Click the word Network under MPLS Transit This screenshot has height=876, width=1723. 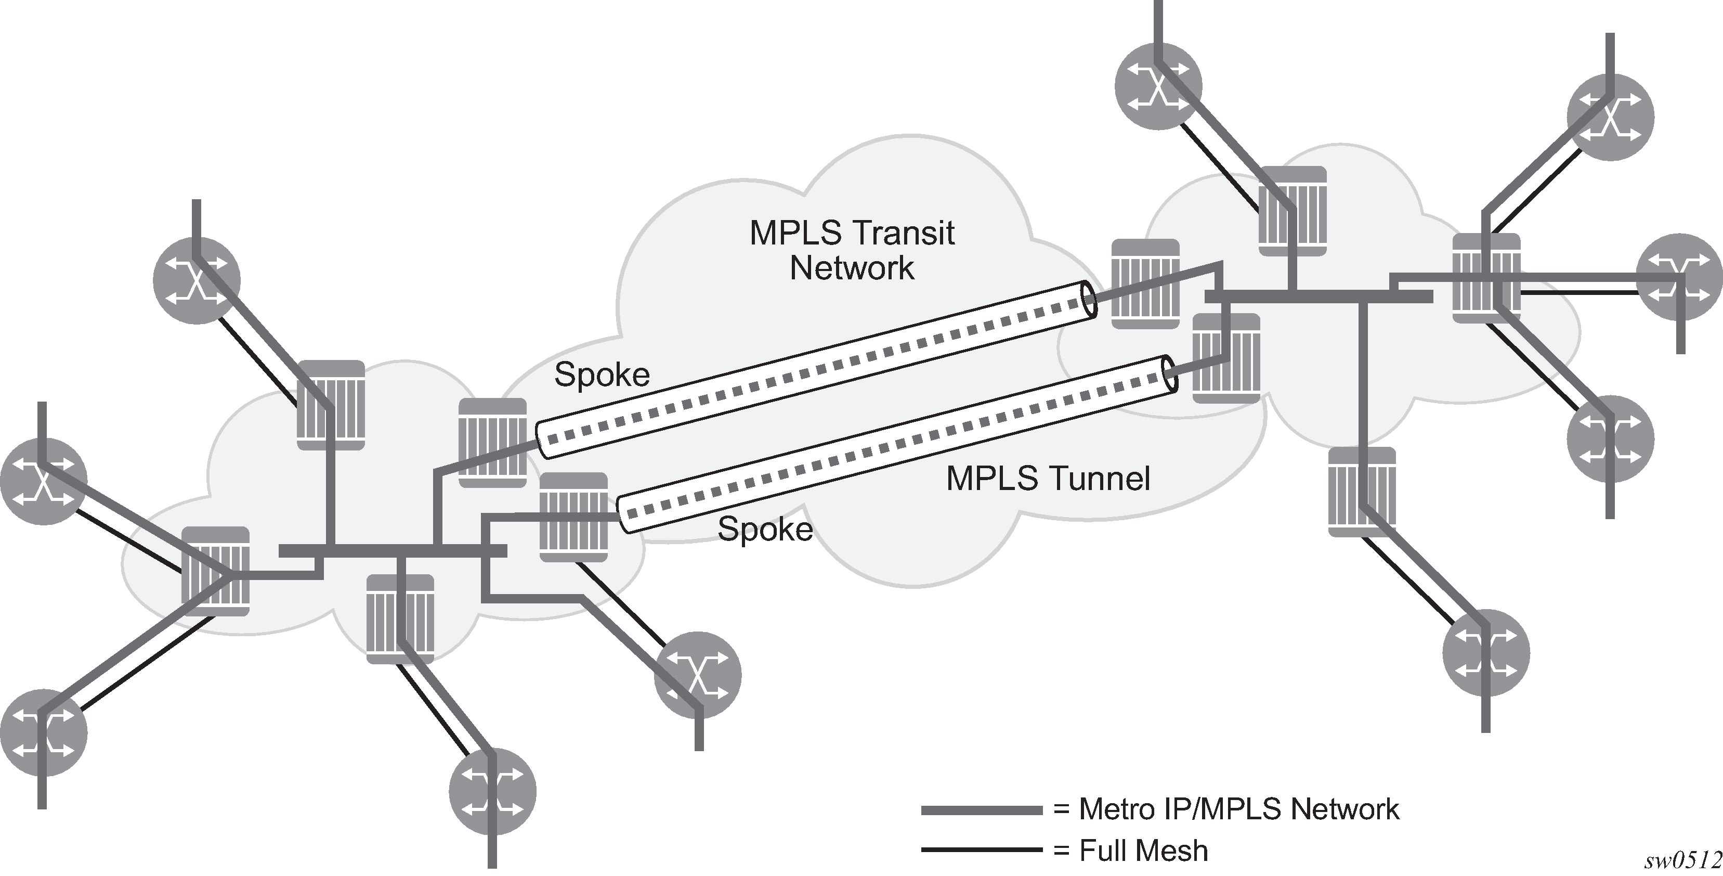coord(852,268)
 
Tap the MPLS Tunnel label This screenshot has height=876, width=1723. coord(1048,479)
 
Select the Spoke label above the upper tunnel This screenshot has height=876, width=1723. coord(602,375)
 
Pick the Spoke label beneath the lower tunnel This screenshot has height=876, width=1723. coord(764,530)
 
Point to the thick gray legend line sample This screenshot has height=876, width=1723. coord(981,810)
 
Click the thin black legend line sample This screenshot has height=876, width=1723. coord(981,851)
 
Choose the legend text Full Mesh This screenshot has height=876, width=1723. coord(1143,851)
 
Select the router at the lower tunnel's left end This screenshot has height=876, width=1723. coord(573,517)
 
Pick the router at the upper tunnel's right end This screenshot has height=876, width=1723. coord(1145,284)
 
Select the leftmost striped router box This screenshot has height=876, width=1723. coord(215,571)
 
